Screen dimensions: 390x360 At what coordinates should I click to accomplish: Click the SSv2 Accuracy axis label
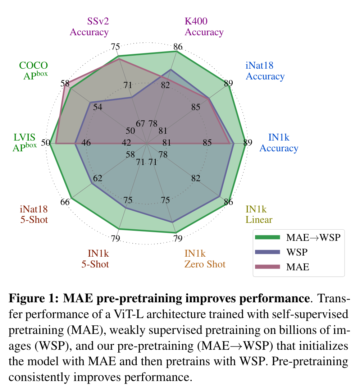(89, 27)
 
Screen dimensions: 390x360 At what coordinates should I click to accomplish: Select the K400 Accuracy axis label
(204, 27)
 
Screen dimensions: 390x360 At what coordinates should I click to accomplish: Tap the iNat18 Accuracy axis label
(265, 71)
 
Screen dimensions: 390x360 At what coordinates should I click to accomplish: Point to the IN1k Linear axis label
(259, 214)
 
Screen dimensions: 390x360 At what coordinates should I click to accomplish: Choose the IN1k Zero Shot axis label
(205, 259)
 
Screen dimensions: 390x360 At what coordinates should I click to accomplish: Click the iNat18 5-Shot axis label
(34, 214)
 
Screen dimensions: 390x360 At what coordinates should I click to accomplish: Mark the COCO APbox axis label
(33, 71)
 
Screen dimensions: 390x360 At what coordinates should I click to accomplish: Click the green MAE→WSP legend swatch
(267, 237)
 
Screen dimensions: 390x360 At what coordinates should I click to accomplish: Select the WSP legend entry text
(297, 252)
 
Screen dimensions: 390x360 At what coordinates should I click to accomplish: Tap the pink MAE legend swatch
(267, 267)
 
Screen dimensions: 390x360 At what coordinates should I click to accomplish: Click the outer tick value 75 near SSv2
(115, 47)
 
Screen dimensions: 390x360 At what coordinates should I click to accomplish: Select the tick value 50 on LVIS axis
(45, 143)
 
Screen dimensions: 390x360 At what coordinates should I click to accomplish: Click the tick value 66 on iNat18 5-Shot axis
(65, 202)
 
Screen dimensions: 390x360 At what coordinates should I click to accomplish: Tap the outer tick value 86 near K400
(178, 47)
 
